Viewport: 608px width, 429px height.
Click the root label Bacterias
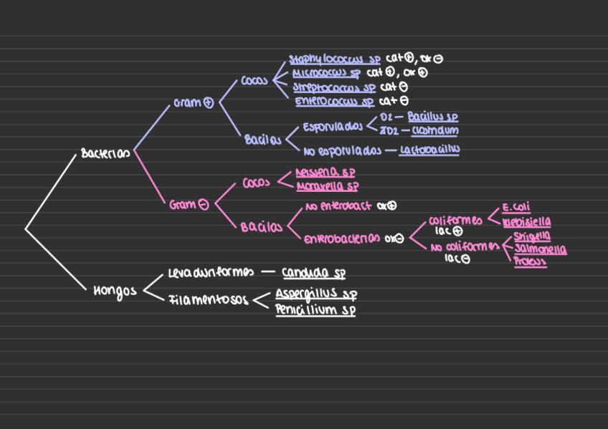tap(105, 153)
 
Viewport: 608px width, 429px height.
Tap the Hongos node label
tap(115, 290)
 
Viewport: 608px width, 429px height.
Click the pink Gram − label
tap(189, 205)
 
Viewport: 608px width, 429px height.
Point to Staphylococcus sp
tap(334, 59)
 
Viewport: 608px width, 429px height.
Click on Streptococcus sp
tap(334, 87)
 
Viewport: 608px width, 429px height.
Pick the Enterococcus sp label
tap(335, 102)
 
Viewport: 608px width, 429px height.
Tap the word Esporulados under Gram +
tap(332, 127)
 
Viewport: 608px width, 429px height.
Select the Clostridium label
tap(435, 130)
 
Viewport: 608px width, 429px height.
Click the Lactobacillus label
tap(429, 150)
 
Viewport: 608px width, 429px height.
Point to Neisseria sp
tap(325, 173)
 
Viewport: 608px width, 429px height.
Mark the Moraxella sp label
tap(327, 187)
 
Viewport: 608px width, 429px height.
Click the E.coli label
tap(516, 208)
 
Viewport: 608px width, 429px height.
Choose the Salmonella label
tap(540, 250)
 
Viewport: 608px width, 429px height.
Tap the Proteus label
tap(530, 263)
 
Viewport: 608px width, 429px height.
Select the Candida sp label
tap(314, 273)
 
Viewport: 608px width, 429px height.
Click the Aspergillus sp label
tap(316, 294)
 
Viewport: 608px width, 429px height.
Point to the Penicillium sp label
tap(315, 310)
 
